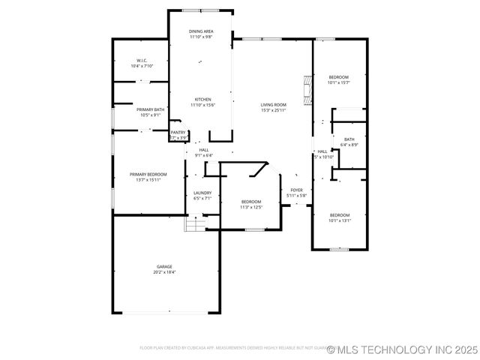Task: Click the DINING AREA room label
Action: coord(201,31)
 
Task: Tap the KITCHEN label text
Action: coord(203,99)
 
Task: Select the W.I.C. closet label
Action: coord(142,60)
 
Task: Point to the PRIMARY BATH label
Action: coord(150,109)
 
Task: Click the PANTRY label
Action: coord(178,133)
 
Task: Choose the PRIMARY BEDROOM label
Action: coord(147,174)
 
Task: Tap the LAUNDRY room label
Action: coord(202,193)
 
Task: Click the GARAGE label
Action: coord(164,266)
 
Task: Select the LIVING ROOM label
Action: coord(274,104)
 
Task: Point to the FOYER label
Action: coord(297,190)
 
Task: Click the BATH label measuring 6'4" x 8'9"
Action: coord(349,139)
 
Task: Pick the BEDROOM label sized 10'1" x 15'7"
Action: coord(339,77)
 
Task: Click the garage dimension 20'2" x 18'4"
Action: coord(164,272)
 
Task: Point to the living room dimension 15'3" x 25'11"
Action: coord(274,110)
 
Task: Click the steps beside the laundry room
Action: coord(195,223)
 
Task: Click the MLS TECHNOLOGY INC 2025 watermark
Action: coord(404,349)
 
